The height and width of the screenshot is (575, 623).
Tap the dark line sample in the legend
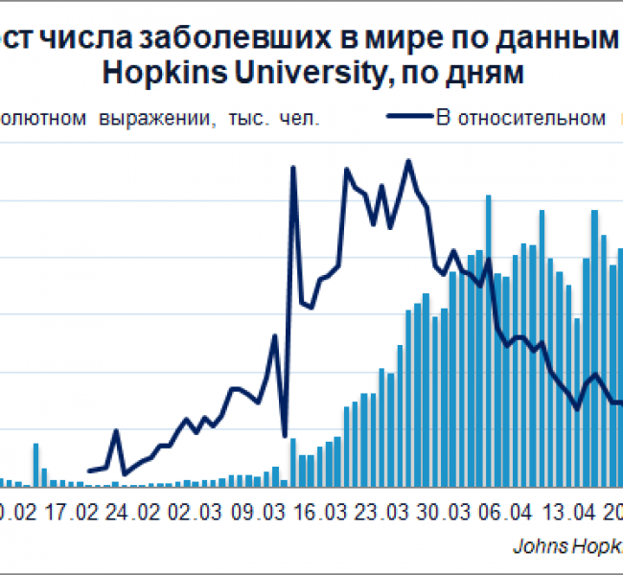[x=409, y=118]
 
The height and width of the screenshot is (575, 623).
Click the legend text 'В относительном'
[x=520, y=118]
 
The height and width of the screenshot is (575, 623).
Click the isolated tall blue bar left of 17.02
[x=35, y=465]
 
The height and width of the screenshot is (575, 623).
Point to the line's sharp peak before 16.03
[x=292, y=168]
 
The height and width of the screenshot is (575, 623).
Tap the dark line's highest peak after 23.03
[x=408, y=161]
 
